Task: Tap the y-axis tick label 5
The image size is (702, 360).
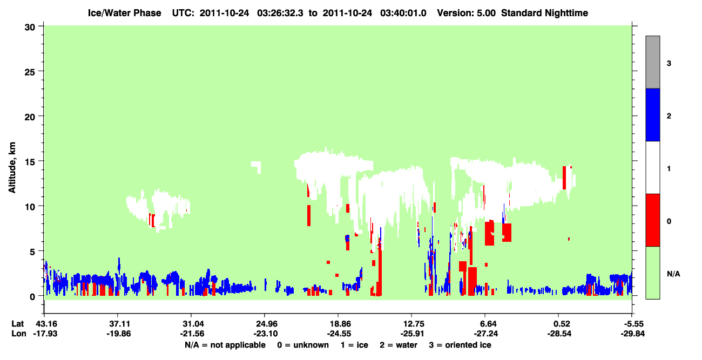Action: click(x=32, y=252)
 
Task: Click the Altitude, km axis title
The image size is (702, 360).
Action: click(x=12, y=168)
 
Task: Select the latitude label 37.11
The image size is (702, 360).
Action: click(x=118, y=324)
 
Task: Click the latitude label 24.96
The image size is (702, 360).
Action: click(x=265, y=324)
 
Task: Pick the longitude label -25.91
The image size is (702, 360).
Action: click(x=412, y=334)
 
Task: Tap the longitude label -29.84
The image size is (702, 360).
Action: click(x=633, y=334)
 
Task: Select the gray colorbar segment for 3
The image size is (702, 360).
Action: click(x=653, y=62)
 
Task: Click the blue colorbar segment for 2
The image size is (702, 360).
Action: click(x=653, y=114)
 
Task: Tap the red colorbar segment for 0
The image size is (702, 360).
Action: click(x=653, y=220)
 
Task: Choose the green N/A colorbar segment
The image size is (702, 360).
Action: click(x=653, y=273)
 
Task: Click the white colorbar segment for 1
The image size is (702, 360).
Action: click(x=653, y=168)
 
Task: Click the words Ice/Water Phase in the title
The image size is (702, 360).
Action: click(x=124, y=13)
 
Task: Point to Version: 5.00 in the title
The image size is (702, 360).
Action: click(x=467, y=13)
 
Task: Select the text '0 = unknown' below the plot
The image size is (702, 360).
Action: click(x=303, y=345)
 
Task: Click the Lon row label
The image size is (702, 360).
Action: click(x=19, y=334)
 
